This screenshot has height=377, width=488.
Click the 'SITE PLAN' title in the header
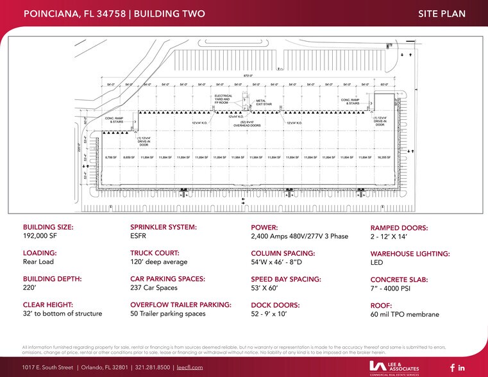click(x=441, y=13)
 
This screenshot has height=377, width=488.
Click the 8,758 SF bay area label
click(x=110, y=157)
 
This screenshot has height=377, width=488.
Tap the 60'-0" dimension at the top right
click(x=385, y=84)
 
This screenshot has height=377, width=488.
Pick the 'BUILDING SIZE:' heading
click(x=48, y=228)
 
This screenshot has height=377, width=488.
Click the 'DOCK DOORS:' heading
click(x=276, y=305)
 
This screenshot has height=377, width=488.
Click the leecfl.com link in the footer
click(x=189, y=367)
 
